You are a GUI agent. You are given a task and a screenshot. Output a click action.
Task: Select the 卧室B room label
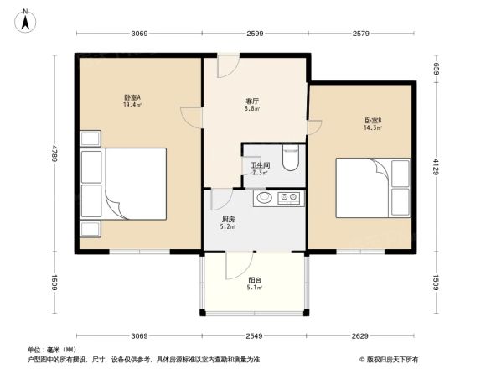pyautogui.click(x=373, y=121)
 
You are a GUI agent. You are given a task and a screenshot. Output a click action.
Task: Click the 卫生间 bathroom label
pyautogui.click(x=259, y=165)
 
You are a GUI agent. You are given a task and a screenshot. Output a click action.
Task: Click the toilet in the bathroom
pyautogui.click(x=291, y=159)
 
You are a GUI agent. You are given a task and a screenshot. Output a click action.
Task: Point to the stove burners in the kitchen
pyautogui.click(x=290, y=199)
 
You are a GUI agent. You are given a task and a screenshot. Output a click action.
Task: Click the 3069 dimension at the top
pyautogui.click(x=139, y=34)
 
